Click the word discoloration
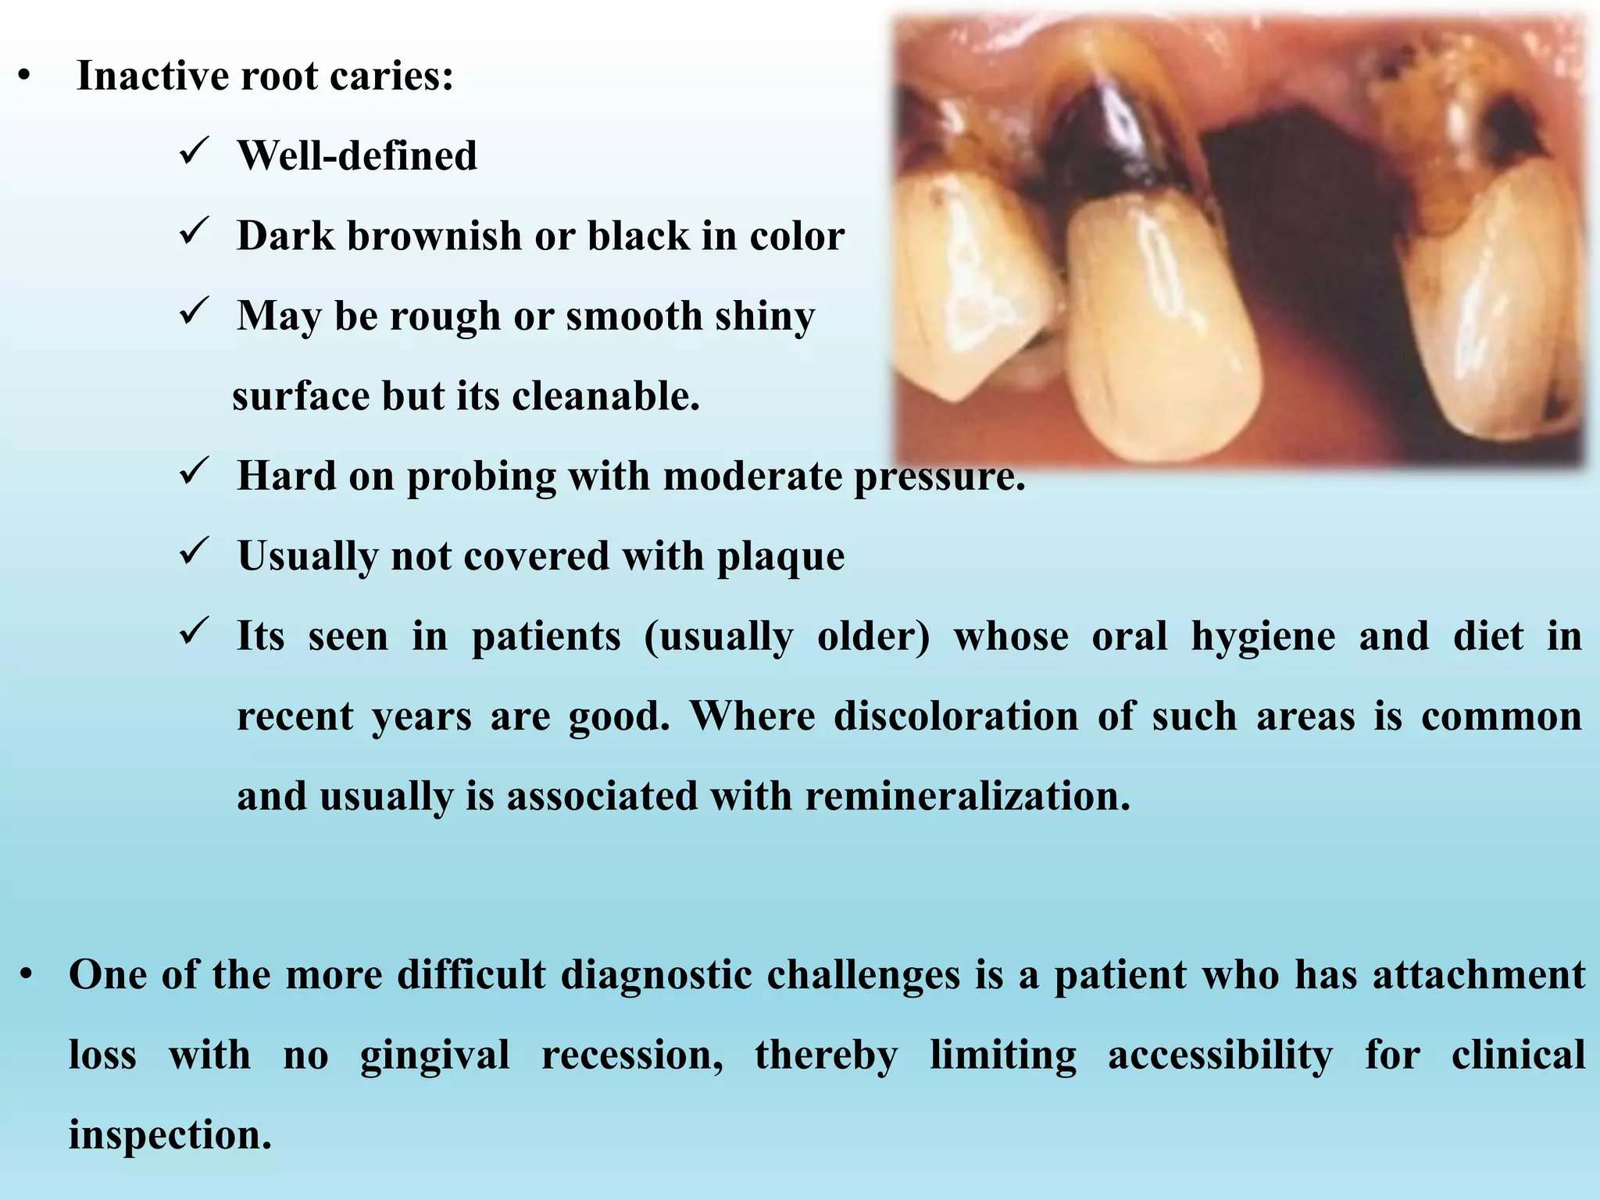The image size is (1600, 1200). coord(955,716)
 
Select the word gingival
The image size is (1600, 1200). coord(434,1055)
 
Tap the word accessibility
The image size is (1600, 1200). coord(1220,1055)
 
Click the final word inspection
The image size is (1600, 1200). coord(170,1135)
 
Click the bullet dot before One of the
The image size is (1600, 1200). coord(27,976)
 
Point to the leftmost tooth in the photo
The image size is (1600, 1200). coord(969,297)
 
